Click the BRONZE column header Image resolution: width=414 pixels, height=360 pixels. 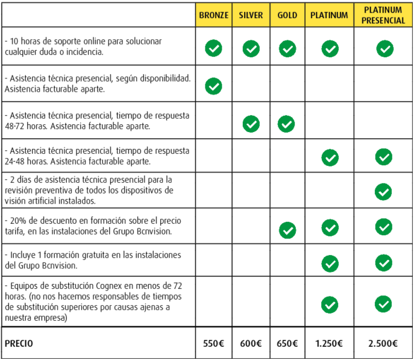pos(214,16)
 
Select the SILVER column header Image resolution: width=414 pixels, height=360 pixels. pos(251,16)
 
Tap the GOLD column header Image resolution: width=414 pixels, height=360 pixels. pos(287,16)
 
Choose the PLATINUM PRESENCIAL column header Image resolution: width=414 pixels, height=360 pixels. pos(383,16)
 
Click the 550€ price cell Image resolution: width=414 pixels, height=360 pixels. pos(214,344)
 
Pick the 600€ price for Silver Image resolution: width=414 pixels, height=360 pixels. pos(251,344)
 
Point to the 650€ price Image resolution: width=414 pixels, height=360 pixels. pos(287,344)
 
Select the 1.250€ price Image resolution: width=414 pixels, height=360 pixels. pos(329,344)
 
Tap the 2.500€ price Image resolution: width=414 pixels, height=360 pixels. pos(383,344)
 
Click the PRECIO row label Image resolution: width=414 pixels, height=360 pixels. pos(19,344)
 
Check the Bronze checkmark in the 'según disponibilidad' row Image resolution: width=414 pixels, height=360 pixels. pos(213,86)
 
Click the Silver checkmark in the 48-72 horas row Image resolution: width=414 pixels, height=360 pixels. pos(251,124)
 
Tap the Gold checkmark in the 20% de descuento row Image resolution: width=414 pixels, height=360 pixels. pos(287,229)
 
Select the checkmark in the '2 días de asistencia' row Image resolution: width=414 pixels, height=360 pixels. pos(383,192)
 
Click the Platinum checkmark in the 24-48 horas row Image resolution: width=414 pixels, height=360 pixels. pos(330,157)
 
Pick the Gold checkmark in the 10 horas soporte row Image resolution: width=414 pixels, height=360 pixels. pos(287,48)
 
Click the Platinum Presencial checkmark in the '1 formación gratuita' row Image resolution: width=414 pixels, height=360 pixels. pos(383,263)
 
